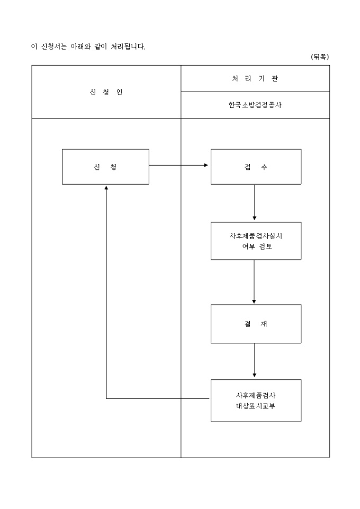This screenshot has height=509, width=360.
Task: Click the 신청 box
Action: tap(105, 167)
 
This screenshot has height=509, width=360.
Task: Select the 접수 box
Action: tap(256, 167)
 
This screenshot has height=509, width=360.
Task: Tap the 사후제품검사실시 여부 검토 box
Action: tap(256, 241)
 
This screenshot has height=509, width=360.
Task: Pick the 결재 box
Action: tap(256, 324)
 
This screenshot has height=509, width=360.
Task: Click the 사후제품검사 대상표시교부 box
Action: tap(256, 401)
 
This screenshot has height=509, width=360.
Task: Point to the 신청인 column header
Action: tap(106, 92)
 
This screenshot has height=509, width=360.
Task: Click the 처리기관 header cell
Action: tap(255, 79)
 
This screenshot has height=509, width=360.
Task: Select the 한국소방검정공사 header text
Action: tap(255, 105)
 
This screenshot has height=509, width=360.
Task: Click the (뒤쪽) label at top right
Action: tap(319, 57)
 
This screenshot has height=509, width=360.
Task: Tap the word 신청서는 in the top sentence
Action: tap(52, 47)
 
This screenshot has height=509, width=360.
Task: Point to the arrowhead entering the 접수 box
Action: tap(206, 165)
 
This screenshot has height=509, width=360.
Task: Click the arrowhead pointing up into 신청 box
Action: tap(106, 187)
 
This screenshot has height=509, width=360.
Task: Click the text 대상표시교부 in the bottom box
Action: tap(256, 406)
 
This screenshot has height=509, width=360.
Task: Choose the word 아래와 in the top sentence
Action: tap(80, 47)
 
